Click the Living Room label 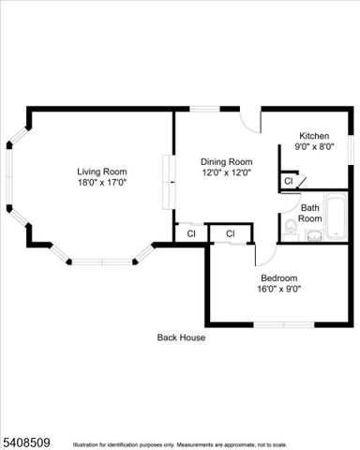pos(101,172)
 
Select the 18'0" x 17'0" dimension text pos(101,183)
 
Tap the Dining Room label pos(227,161)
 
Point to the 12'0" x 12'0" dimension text pos(227,172)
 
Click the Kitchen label pos(315,135)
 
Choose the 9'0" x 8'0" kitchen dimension pos(315,146)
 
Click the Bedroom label pos(278,277)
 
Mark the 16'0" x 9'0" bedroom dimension pos(278,289)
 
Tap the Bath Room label pos(311,213)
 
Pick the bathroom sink pos(312,234)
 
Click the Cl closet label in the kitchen pos(289,180)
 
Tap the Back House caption pos(181,337)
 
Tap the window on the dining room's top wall pos(206,110)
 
